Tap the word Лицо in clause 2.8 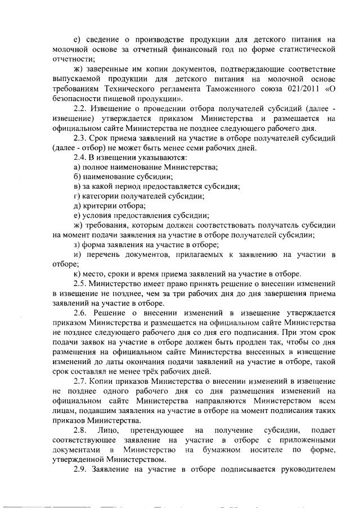[x=115, y=430]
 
